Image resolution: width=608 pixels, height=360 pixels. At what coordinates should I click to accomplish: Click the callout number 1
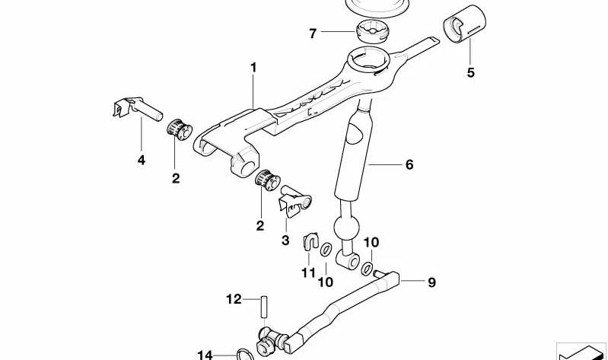253,68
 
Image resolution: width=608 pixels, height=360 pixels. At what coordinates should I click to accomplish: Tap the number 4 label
141,160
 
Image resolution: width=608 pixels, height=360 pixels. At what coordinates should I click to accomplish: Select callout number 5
470,72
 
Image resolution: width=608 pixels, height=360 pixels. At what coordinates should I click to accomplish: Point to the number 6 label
409,164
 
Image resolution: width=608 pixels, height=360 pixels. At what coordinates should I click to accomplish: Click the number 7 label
313,33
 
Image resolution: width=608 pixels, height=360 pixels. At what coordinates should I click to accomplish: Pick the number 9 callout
431,282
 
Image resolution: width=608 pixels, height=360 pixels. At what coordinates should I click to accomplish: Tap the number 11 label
309,272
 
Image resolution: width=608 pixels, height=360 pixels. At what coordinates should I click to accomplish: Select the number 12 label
234,299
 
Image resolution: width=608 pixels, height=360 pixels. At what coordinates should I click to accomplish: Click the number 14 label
205,355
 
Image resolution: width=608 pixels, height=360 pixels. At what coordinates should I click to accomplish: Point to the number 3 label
285,241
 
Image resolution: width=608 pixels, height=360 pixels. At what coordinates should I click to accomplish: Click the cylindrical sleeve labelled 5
464,24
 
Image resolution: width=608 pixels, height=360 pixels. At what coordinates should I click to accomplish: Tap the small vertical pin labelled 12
264,307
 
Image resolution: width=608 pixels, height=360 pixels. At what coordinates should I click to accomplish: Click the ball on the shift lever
346,228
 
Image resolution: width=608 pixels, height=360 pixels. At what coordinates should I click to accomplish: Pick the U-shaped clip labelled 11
310,241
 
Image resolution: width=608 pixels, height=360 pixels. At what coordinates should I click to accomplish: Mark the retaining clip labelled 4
137,108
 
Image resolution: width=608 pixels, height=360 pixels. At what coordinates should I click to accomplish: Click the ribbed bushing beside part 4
180,129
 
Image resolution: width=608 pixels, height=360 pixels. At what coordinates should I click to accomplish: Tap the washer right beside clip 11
326,249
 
